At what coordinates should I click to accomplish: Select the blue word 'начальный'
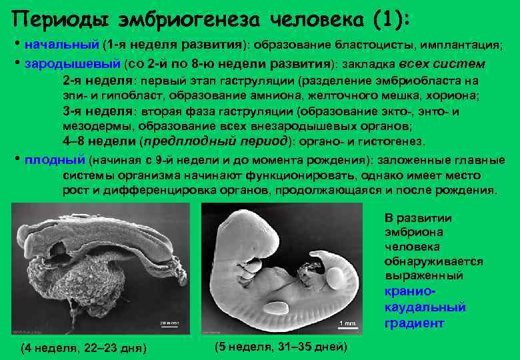click(61, 45)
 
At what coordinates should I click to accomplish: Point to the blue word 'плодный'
click(55, 161)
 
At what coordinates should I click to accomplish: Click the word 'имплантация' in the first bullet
click(460, 45)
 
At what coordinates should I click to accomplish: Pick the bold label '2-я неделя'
click(97, 81)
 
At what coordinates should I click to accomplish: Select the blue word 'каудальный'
click(425, 307)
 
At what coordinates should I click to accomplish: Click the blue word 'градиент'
click(414, 323)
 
